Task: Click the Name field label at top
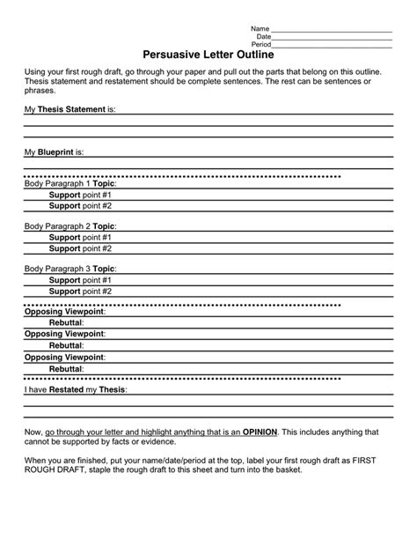click(260, 28)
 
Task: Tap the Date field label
click(263, 36)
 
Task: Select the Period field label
click(261, 43)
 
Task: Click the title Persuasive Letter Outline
click(208, 54)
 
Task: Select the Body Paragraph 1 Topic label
click(70, 184)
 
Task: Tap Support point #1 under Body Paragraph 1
click(80, 195)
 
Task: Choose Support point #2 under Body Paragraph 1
click(80, 205)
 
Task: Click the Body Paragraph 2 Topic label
click(70, 226)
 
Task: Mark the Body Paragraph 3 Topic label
click(70, 269)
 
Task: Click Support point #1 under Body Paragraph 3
click(80, 279)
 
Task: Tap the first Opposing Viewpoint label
click(64, 312)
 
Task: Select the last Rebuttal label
click(66, 368)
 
